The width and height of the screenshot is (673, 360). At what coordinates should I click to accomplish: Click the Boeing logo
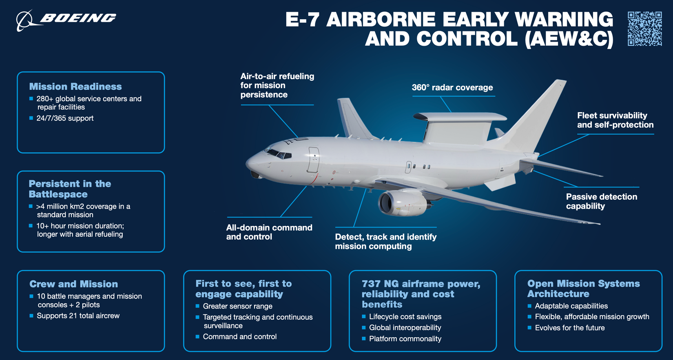(66, 19)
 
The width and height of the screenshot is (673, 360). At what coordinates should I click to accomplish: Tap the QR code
(644, 29)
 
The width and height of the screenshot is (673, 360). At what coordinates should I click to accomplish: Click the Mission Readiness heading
(75, 87)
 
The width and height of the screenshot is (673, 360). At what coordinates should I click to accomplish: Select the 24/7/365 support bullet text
(65, 118)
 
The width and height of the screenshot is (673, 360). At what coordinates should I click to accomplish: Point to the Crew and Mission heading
(73, 284)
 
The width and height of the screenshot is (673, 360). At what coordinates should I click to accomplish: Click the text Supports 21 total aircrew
(78, 316)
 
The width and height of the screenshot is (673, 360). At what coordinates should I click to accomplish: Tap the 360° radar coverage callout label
(452, 88)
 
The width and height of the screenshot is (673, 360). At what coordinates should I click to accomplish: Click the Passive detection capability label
(601, 201)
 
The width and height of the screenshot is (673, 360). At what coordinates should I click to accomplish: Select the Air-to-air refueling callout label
(277, 85)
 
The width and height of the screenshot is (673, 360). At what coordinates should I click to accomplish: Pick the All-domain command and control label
(269, 232)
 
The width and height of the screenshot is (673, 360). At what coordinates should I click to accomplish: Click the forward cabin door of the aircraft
(313, 160)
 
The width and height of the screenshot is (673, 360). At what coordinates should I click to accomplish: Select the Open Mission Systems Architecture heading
(583, 289)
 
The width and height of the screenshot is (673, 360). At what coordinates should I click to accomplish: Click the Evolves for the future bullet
(569, 328)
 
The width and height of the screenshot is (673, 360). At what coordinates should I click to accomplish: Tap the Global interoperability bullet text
(405, 328)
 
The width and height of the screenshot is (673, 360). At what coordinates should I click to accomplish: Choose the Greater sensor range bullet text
(237, 306)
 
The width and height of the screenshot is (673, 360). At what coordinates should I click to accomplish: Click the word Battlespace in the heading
(58, 194)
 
